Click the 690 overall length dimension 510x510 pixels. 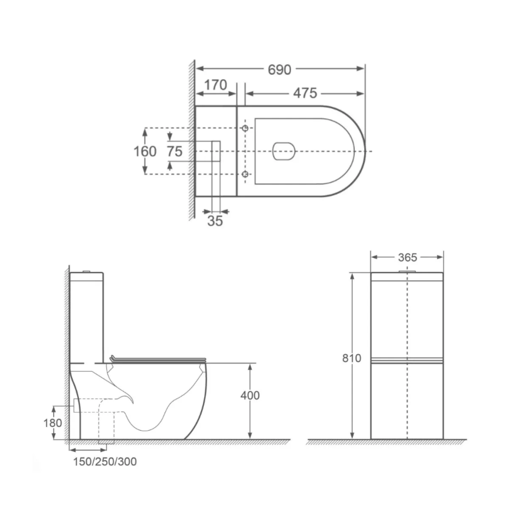coord(279,69)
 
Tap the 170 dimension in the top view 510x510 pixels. coord(215,85)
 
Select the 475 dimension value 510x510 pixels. coord(305,93)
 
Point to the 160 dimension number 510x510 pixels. coord(145,151)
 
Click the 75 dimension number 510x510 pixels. coord(174,151)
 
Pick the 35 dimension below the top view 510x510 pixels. coord(215,221)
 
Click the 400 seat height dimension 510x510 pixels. coord(250,395)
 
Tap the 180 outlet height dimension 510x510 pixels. coord(52,423)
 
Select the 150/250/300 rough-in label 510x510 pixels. coord(102,462)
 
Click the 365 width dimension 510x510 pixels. coord(408,258)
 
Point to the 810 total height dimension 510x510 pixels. coord(351,358)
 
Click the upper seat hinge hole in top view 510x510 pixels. coord(245,128)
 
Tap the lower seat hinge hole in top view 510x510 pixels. coord(245,174)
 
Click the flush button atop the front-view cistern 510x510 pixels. coord(407,271)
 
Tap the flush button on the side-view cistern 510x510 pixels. coord(87,271)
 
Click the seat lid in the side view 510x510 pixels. coord(157,359)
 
